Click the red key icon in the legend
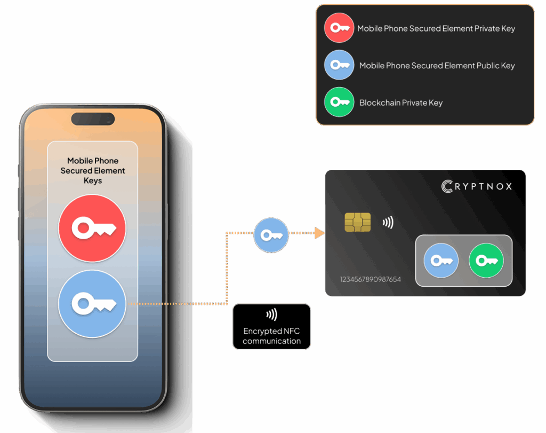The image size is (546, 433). pyautogui.click(x=339, y=28)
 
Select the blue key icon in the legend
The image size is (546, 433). pyautogui.click(x=339, y=65)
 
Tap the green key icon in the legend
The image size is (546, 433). pyautogui.click(x=339, y=102)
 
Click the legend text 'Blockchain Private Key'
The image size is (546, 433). pyautogui.click(x=400, y=103)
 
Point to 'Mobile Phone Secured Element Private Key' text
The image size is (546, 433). pyautogui.click(x=436, y=28)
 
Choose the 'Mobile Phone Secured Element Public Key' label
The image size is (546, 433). pyautogui.click(x=437, y=66)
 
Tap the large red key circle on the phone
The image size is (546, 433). pyautogui.click(x=92, y=228)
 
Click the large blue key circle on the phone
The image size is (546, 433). pyautogui.click(x=92, y=303)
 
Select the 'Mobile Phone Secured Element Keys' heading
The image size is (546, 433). pyautogui.click(x=93, y=170)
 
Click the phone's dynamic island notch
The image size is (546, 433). pyautogui.click(x=93, y=119)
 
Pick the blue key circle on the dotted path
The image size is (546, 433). pyautogui.click(x=271, y=234)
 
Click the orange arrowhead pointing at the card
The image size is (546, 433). pyautogui.click(x=319, y=233)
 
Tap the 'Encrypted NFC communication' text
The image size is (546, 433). pyautogui.click(x=271, y=336)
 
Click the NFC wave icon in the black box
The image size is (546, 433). pyautogui.click(x=271, y=314)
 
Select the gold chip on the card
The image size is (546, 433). pyautogui.click(x=357, y=222)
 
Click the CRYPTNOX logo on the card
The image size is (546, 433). pyautogui.click(x=477, y=186)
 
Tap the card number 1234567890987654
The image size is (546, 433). pyautogui.click(x=370, y=279)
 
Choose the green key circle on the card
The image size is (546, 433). pyautogui.click(x=486, y=261)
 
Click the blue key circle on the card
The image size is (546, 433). pyautogui.click(x=441, y=261)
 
